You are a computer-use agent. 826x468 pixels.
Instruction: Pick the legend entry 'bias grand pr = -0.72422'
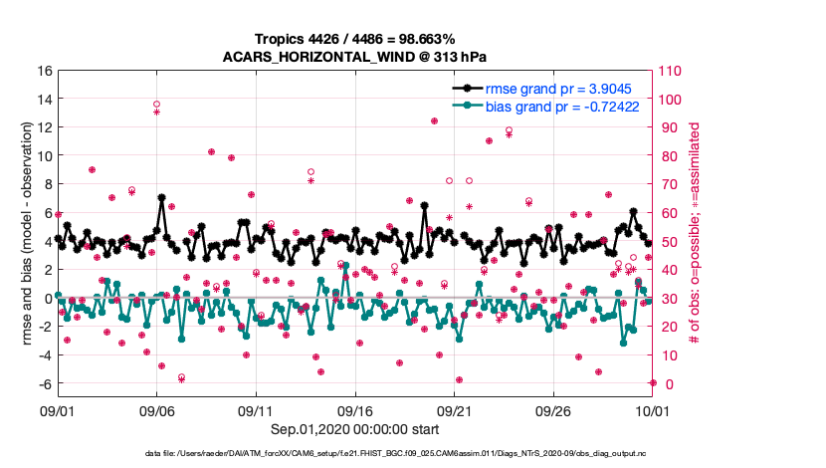(558, 106)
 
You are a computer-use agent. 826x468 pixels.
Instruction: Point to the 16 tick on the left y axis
(45, 72)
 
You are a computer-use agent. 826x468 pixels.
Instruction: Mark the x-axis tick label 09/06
(157, 409)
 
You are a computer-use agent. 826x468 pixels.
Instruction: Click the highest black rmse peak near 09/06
(161, 197)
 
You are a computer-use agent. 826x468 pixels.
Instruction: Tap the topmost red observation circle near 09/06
(157, 105)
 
